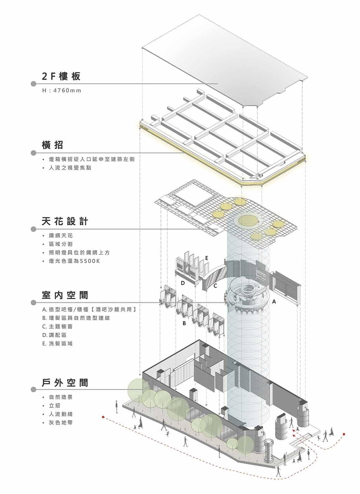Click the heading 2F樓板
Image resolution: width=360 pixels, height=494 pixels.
coord(61,76)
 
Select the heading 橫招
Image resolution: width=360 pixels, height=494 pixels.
coord(52,145)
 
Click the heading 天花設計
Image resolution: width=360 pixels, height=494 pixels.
coord(65,221)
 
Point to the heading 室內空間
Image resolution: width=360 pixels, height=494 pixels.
coord(65,295)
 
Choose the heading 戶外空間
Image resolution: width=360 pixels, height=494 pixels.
coord(65,382)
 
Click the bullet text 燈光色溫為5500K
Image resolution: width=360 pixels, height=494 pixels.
coord(75,261)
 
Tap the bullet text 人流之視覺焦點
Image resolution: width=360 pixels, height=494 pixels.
coord(70,168)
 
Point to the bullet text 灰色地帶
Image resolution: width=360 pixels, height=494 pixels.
coord(61,422)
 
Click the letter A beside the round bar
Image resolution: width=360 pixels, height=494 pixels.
coord(274,301)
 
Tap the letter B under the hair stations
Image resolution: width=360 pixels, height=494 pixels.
coord(184,323)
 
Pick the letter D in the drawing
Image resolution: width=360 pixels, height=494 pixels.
coord(183,283)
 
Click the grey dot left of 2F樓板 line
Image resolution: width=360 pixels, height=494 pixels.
coord(33,84)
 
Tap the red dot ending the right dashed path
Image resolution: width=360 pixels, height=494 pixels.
coord(344,434)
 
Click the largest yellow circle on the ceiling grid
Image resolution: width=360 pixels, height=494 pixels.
coord(249,221)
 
